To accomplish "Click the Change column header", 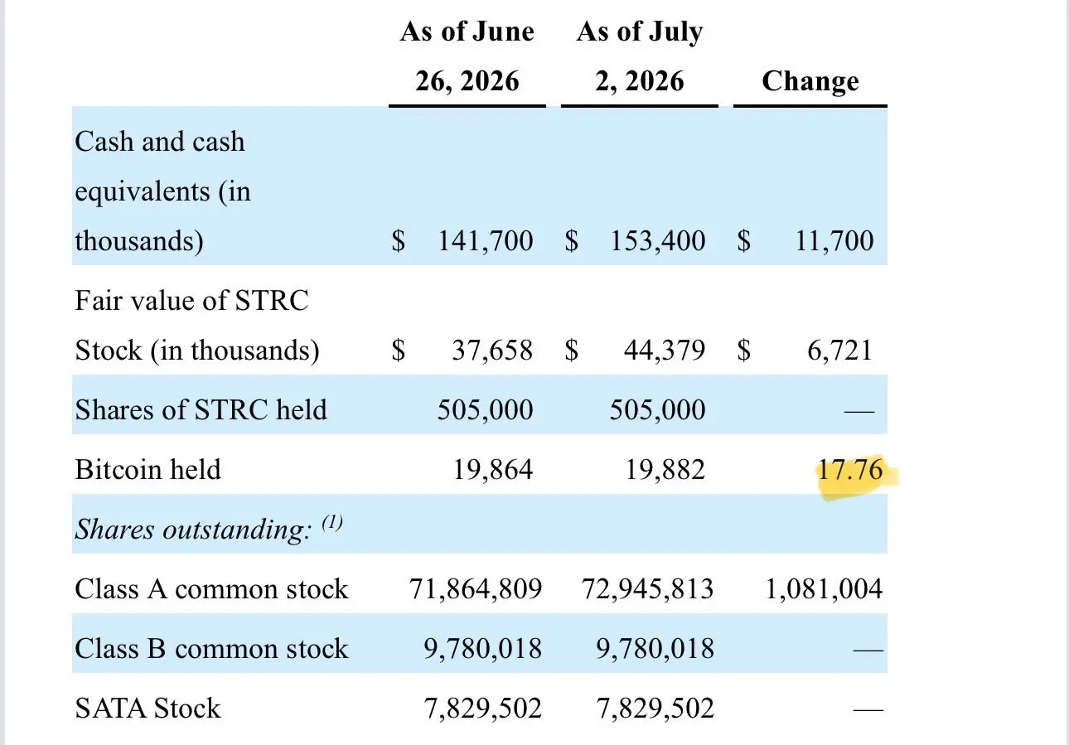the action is [x=810, y=81].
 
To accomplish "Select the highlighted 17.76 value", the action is [x=850, y=470].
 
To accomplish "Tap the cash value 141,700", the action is [x=486, y=240].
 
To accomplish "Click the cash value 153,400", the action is [x=658, y=240].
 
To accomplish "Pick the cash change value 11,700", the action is [x=834, y=240].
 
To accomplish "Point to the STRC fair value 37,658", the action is [x=492, y=351].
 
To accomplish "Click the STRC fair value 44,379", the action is [x=665, y=351].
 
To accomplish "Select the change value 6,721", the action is [x=840, y=351].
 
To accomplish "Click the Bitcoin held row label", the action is [x=148, y=470].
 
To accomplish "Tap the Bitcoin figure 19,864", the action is [x=492, y=470].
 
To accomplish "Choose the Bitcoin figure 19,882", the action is [x=665, y=470].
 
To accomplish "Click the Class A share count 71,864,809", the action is [x=476, y=589].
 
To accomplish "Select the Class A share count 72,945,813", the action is [x=647, y=589].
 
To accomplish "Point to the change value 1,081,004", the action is [x=824, y=589].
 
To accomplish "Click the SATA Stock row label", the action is [x=148, y=709].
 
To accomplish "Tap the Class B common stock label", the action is [x=211, y=649].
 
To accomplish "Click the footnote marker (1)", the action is [x=332, y=523].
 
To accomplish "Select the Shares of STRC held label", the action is [x=201, y=410].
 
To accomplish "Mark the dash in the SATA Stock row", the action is [x=868, y=710].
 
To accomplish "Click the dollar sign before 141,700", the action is [x=399, y=240].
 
